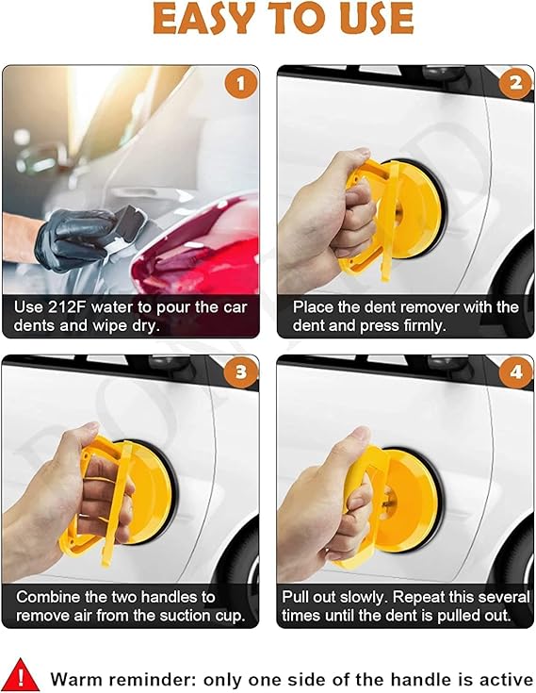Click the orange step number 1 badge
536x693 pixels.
[x=240, y=84]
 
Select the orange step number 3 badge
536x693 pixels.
[x=240, y=372]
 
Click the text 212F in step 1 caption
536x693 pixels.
[x=64, y=306]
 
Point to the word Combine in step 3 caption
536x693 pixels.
[x=49, y=597]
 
